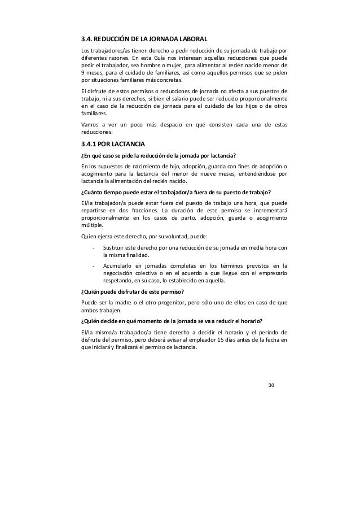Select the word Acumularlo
(117, 265)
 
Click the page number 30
(271, 385)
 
